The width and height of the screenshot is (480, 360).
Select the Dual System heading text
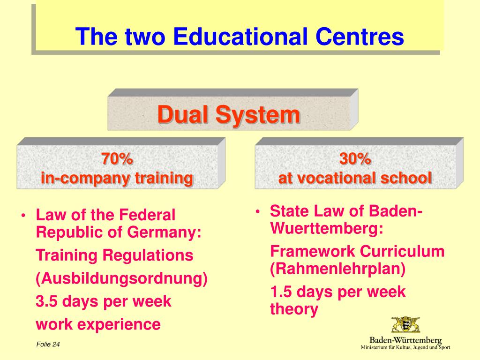[228, 114]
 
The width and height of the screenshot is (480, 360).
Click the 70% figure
[117, 159]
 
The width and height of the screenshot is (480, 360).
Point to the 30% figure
[355, 159]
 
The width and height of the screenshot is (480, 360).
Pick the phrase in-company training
[117, 178]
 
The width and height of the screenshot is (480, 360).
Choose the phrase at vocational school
[355, 178]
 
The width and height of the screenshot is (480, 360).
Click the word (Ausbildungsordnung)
[121, 278]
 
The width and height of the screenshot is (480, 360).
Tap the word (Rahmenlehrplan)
[337, 269]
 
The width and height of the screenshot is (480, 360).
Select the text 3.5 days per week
[104, 301]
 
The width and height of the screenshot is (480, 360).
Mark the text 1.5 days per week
[337, 292]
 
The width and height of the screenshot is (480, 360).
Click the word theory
[294, 309]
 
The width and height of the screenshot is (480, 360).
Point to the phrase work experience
[98, 324]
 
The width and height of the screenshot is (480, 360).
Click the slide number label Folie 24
[48, 345]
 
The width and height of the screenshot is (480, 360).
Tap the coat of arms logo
[406, 324]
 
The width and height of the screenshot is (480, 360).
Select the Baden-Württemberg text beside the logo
[406, 339]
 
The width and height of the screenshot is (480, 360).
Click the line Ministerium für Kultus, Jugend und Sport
[405, 347]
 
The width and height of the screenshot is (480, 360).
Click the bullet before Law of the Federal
[23, 216]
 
